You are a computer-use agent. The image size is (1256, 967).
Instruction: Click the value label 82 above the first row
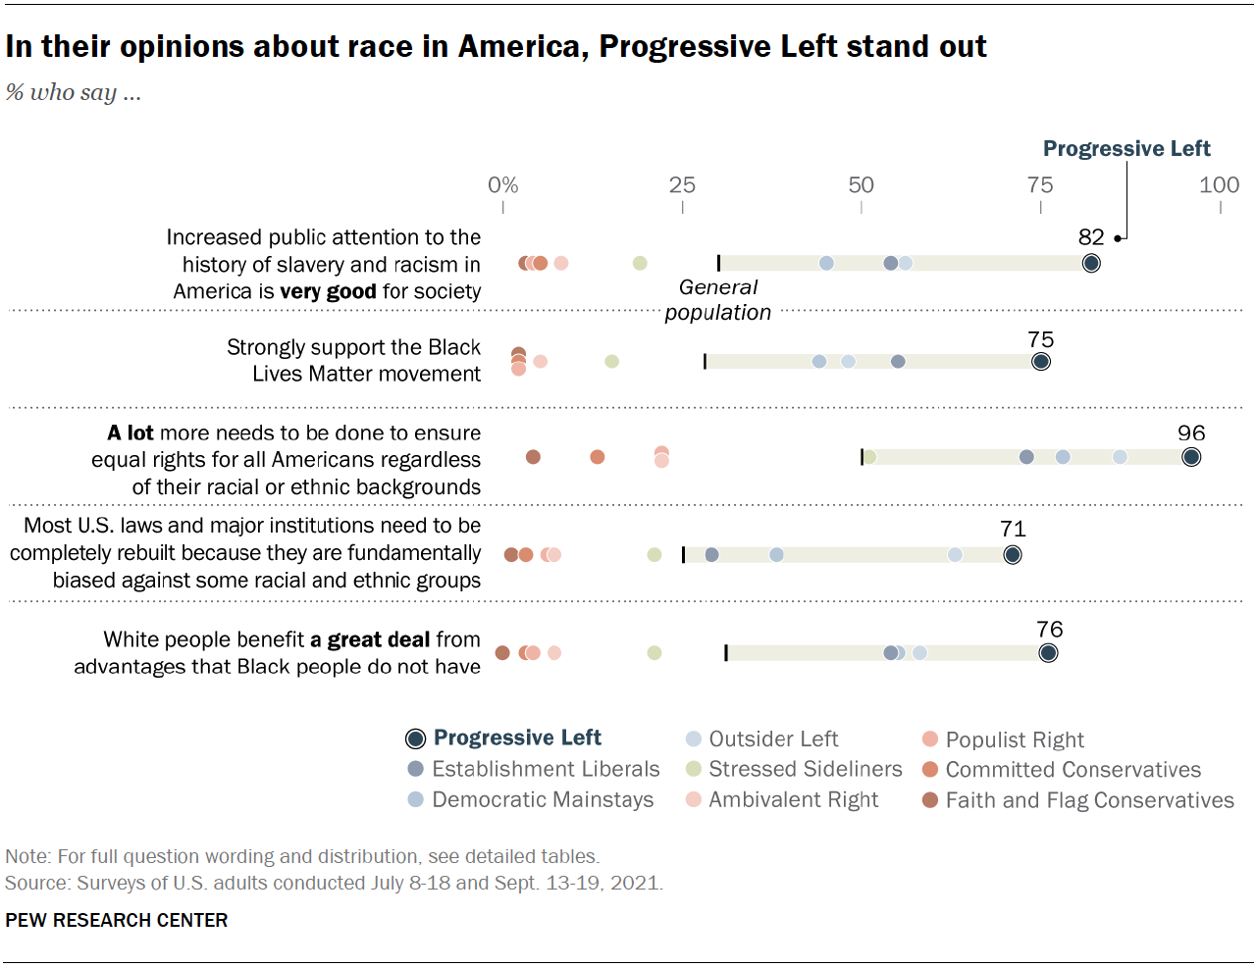(1091, 237)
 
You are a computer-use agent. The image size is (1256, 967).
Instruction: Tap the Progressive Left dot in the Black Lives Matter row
(1041, 362)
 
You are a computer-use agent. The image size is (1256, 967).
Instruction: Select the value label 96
(1190, 433)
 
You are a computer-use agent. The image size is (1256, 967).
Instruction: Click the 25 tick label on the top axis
(682, 185)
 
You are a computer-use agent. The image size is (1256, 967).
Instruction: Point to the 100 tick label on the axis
(1219, 185)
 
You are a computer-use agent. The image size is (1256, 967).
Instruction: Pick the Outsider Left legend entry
(773, 738)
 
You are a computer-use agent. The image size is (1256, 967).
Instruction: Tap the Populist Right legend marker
(930, 739)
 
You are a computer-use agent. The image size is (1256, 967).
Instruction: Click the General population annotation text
(718, 300)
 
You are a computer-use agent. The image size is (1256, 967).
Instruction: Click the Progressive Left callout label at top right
(1126, 149)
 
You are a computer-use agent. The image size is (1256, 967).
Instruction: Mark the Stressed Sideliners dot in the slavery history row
(640, 263)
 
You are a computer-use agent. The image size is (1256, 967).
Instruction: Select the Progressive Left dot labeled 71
(1013, 555)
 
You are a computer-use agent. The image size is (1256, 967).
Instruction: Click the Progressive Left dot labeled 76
(1048, 653)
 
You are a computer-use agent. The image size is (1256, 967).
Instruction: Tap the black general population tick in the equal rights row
(862, 457)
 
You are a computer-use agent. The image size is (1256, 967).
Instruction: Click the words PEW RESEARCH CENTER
(116, 920)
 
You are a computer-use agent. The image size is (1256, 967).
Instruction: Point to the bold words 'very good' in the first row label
(328, 291)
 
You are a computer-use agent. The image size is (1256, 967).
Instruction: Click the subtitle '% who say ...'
(74, 93)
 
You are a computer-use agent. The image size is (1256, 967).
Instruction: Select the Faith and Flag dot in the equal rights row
(533, 457)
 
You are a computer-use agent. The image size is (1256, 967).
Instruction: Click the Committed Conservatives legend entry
(1073, 770)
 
